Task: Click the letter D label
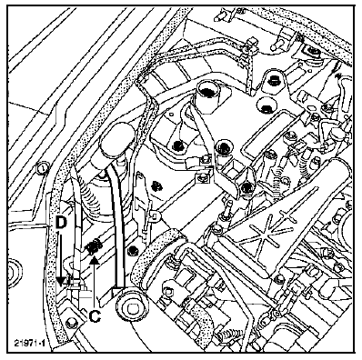pyautogui.click(x=61, y=223)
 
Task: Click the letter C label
pyautogui.click(x=95, y=316)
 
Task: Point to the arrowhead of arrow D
pyautogui.click(x=62, y=281)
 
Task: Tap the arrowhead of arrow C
pyautogui.click(x=95, y=260)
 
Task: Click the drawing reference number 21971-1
pyautogui.click(x=30, y=343)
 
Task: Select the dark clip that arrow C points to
pyautogui.click(x=94, y=246)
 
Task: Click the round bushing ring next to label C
pyautogui.click(x=130, y=306)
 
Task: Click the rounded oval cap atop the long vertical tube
pyautogui.click(x=116, y=137)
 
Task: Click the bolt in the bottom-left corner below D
pyautogui.click(x=70, y=322)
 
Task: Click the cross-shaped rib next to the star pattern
pyautogui.click(x=286, y=216)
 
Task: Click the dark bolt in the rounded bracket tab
pyautogui.click(x=272, y=79)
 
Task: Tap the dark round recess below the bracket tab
pyautogui.click(x=266, y=105)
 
